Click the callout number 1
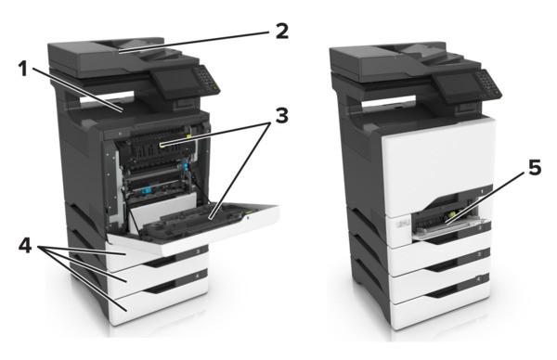point(23,68)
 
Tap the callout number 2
point(282,31)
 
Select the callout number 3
point(282,115)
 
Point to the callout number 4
point(25,245)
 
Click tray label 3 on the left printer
point(198,251)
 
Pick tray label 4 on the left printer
point(197,275)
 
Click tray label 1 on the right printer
point(482,191)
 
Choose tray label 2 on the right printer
point(480,227)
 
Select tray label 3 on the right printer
point(479,254)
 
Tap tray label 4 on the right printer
point(478,279)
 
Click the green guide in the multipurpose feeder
point(452,214)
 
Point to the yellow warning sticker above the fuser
point(189,135)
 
